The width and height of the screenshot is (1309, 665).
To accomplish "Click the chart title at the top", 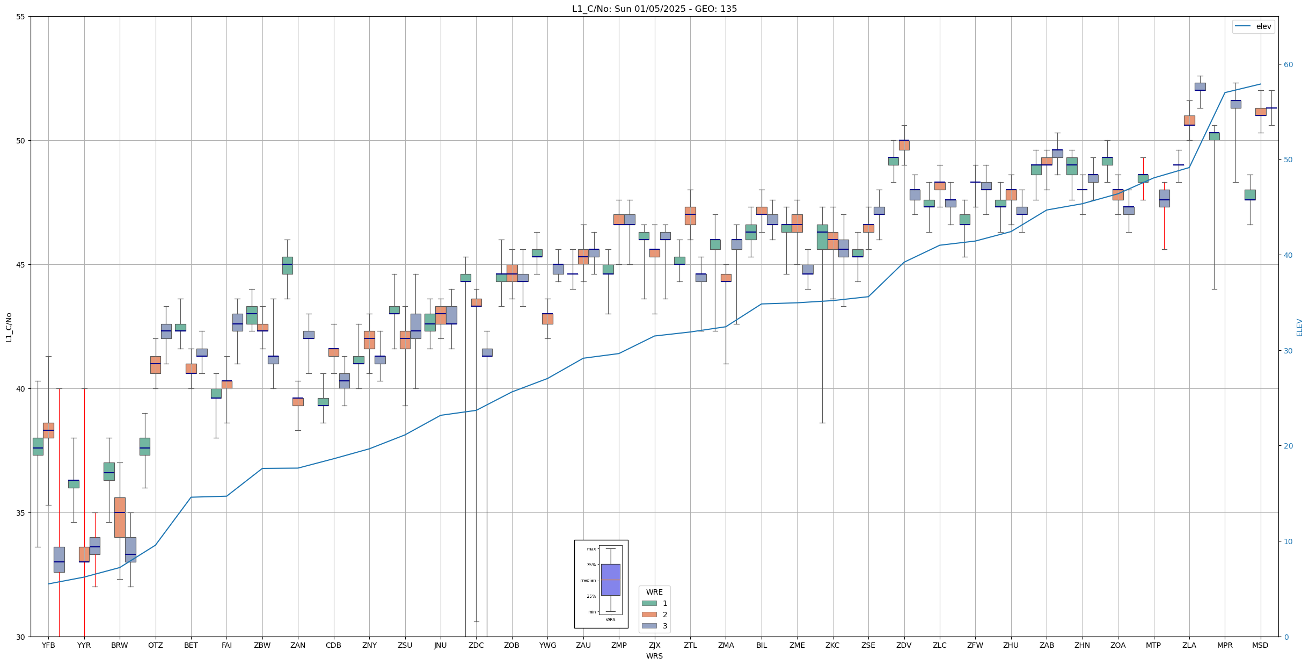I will [x=654, y=9].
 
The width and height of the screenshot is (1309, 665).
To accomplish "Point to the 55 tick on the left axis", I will [x=21, y=17].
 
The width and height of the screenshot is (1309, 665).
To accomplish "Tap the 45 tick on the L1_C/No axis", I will [x=21, y=265].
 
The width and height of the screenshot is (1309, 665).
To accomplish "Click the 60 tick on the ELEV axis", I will [x=1288, y=64].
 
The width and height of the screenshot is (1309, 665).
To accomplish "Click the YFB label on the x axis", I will [x=48, y=645].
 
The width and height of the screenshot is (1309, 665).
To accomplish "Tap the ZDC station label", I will [x=476, y=645].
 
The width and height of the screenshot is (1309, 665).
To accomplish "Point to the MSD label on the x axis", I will [x=1260, y=645].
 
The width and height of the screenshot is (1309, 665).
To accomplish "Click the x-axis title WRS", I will [x=654, y=656].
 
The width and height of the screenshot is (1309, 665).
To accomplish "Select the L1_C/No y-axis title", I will [x=9, y=327].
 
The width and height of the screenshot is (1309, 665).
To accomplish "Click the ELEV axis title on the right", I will [x=1299, y=327].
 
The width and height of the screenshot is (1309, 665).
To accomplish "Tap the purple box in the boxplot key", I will [x=610, y=580].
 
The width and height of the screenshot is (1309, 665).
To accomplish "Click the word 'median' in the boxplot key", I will [x=588, y=580].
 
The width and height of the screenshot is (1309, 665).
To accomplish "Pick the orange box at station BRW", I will [x=120, y=517].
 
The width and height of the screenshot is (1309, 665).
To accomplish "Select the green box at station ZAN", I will [x=288, y=265].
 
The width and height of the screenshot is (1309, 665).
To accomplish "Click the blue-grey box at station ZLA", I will [x=1200, y=86].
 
